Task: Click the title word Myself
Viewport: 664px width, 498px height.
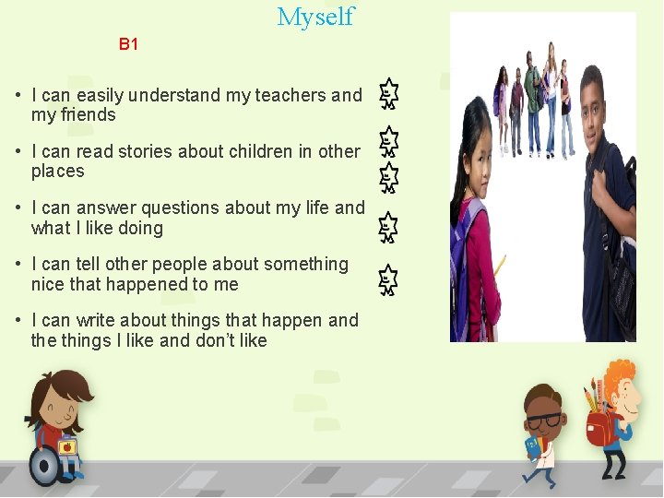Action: coord(315,17)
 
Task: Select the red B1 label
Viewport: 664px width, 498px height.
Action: coord(128,44)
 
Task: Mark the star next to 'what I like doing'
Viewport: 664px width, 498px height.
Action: coord(389,227)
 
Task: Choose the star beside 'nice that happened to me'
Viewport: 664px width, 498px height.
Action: coord(389,280)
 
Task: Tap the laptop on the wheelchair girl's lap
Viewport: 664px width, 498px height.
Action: coord(67,447)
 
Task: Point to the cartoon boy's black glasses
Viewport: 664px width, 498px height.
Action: coord(544,421)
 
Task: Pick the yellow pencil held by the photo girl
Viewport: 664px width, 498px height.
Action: coord(500,267)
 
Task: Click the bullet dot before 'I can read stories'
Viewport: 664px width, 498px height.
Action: coord(18,152)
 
